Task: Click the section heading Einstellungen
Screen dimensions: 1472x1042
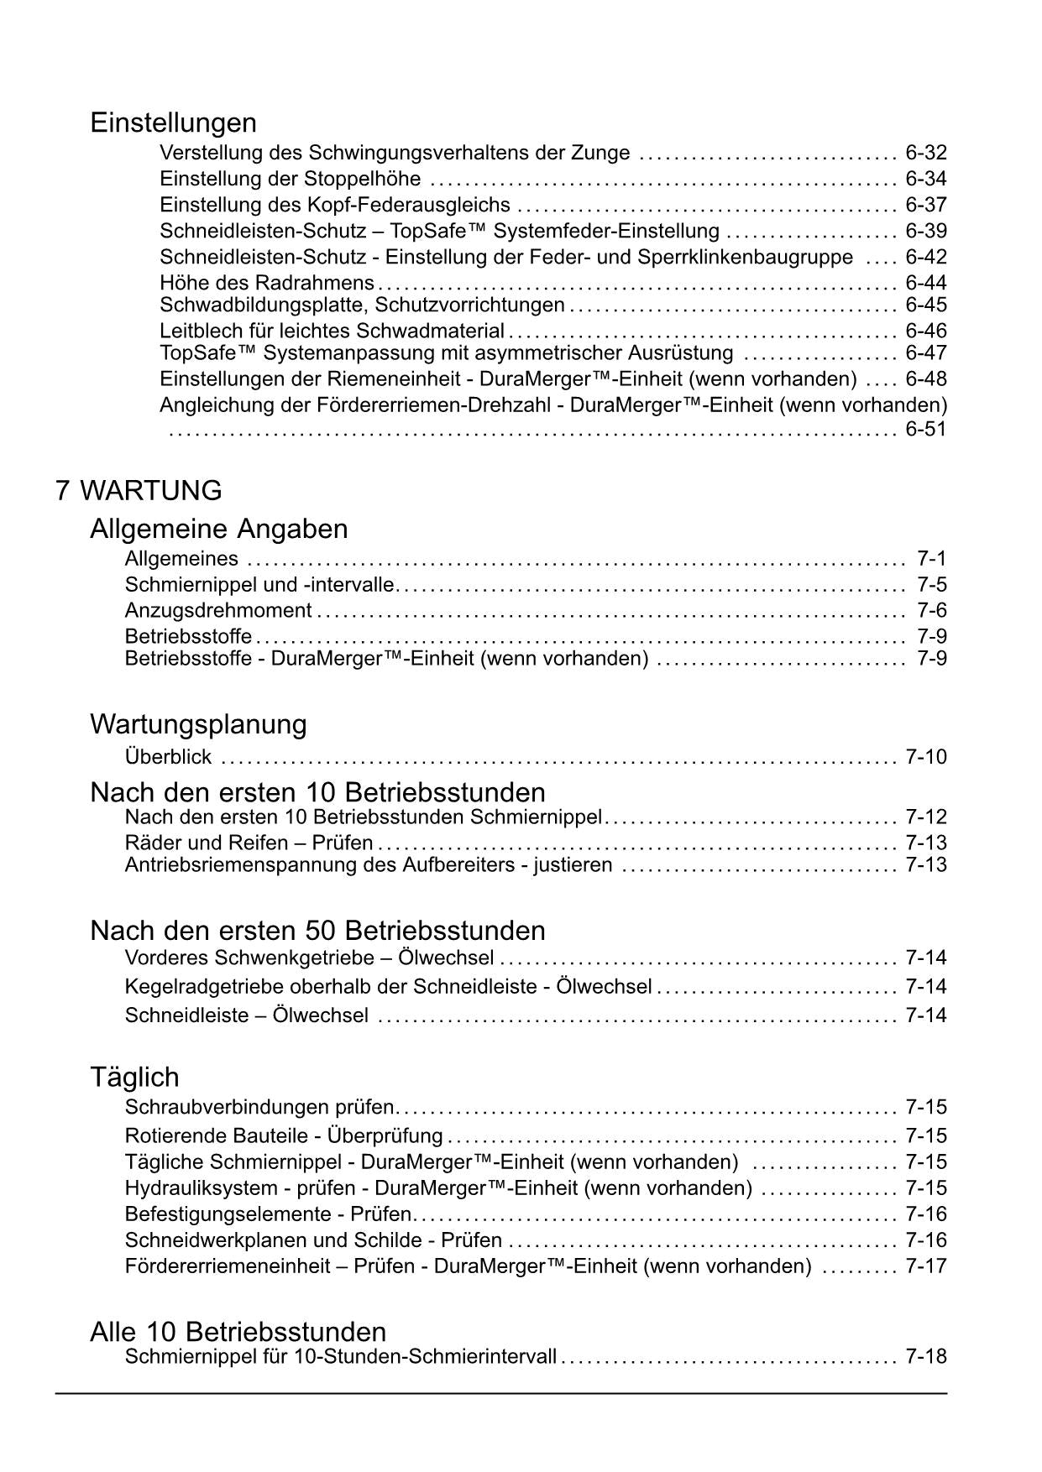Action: pyautogui.click(x=173, y=123)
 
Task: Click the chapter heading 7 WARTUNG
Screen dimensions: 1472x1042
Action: pyautogui.click(x=139, y=491)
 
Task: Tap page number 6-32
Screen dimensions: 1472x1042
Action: pyautogui.click(x=925, y=153)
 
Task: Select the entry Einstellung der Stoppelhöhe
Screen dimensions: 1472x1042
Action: pyautogui.click(x=291, y=179)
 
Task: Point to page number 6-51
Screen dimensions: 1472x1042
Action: pyautogui.click(x=925, y=430)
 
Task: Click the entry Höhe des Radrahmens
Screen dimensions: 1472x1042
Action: pyautogui.click(x=267, y=282)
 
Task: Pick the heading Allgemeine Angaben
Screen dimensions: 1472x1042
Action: pyautogui.click(x=218, y=530)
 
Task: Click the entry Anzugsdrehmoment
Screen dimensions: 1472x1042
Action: pyautogui.click(x=218, y=610)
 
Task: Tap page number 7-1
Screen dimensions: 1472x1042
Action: pyautogui.click(x=931, y=559)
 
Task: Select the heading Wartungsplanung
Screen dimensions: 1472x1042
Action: pyautogui.click(x=198, y=724)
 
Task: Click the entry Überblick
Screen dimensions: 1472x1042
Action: pyautogui.click(x=168, y=757)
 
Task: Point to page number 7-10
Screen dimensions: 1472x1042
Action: pyautogui.click(x=925, y=757)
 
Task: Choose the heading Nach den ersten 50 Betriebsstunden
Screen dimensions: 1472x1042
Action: pyautogui.click(x=317, y=931)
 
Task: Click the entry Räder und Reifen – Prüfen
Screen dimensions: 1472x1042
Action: pyautogui.click(x=249, y=843)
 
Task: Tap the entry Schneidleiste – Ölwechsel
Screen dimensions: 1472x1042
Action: pyautogui.click(x=246, y=1015)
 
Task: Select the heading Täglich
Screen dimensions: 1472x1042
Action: pyautogui.click(x=134, y=1078)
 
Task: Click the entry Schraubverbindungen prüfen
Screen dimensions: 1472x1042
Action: pyautogui.click(x=259, y=1107)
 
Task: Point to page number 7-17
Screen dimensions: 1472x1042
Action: pyautogui.click(x=925, y=1266)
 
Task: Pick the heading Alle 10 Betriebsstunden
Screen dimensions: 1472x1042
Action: pyautogui.click(x=238, y=1333)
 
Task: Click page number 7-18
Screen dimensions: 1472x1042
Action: pyautogui.click(x=925, y=1356)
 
